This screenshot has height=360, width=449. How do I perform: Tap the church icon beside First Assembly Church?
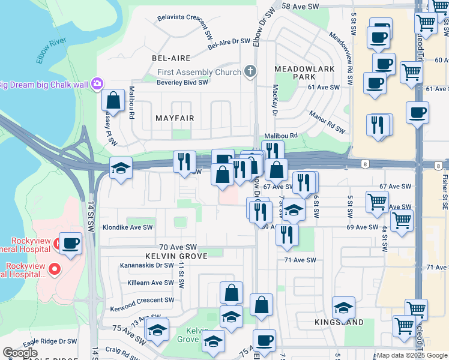tap(250, 72)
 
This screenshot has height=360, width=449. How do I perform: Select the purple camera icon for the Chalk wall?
tap(97, 84)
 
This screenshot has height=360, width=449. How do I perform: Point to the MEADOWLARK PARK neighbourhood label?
tap(295, 73)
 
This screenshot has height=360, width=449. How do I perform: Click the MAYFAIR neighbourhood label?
tap(175, 118)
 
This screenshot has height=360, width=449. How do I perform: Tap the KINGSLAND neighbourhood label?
tap(339, 323)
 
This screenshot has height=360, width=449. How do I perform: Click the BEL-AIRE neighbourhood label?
tap(171, 58)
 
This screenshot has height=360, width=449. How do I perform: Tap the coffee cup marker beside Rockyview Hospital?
tap(70, 243)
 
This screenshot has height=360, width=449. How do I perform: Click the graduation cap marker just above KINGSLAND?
tap(343, 307)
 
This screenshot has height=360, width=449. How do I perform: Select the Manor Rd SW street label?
tap(327, 122)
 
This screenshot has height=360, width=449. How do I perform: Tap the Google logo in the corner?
tap(20, 353)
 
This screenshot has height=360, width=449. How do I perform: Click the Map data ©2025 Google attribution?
tap(412, 355)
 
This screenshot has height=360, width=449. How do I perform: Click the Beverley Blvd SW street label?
tap(182, 82)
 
